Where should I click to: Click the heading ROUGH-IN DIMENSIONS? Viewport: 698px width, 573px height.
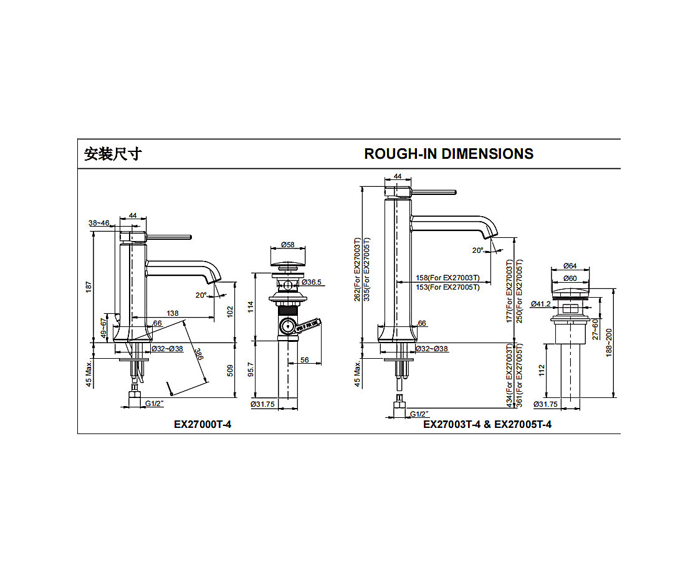coord(449,154)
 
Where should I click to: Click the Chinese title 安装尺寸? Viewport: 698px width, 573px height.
coord(113,154)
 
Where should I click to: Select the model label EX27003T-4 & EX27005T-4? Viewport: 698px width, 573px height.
coord(487,424)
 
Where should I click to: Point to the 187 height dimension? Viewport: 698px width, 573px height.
coord(88,286)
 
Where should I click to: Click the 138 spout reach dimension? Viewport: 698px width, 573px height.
coord(173,313)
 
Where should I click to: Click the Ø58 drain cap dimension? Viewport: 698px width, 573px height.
coord(287,245)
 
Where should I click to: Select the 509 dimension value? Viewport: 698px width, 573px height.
coord(230,371)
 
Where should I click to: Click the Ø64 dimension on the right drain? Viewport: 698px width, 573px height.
coord(570,266)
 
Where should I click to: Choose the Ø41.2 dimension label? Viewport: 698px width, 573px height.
coord(540,304)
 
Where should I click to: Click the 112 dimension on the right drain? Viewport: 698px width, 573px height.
coord(542,372)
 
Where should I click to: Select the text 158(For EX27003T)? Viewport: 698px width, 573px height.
coord(448,277)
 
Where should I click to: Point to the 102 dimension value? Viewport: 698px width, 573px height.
coord(230,310)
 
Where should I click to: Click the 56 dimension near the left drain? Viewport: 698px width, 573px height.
coord(305,359)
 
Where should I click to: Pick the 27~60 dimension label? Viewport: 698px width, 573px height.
coord(595,329)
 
